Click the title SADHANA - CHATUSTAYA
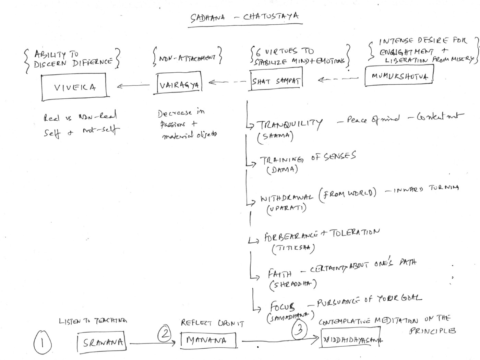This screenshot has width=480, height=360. [245, 17]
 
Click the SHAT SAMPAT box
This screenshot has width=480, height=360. [276, 81]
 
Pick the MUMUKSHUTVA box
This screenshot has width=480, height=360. [399, 75]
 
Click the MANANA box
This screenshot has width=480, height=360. [208, 340]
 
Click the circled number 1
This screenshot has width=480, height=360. [43, 343]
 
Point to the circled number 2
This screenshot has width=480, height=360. [165, 333]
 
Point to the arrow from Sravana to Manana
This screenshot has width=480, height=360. [154, 343]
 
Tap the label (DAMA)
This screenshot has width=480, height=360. [282, 170]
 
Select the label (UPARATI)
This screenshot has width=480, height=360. [286, 208]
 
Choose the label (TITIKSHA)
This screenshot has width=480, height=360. [293, 248]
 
